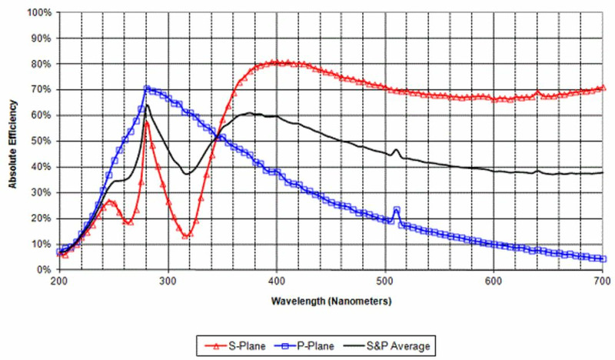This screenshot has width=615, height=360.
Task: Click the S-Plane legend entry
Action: point(238,345)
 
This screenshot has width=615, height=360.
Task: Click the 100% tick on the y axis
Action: point(38,13)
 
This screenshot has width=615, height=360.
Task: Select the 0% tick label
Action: point(43,270)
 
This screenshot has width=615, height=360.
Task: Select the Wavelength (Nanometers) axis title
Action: point(331,301)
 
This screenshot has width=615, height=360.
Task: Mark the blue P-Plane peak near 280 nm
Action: point(146,88)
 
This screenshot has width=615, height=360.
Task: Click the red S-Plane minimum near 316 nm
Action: point(185,235)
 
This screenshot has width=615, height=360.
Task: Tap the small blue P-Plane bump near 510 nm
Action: point(397,208)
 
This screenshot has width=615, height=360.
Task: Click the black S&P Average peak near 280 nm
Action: point(146,105)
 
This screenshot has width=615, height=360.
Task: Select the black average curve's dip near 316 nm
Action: point(185,174)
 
